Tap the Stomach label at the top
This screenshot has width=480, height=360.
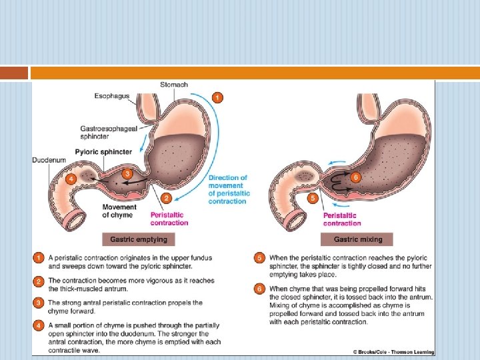174,85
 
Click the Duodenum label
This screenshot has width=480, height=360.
48,160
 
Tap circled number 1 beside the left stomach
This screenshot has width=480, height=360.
217,98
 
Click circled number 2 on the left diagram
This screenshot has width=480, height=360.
167,198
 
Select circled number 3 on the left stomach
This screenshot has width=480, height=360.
127,174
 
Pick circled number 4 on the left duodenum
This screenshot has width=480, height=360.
71,179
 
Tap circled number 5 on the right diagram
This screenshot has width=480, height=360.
313,198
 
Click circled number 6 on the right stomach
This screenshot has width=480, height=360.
355,177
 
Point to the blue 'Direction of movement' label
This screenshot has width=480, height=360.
229,189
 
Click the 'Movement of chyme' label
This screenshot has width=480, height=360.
119,211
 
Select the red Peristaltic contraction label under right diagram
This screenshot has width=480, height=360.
342,219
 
